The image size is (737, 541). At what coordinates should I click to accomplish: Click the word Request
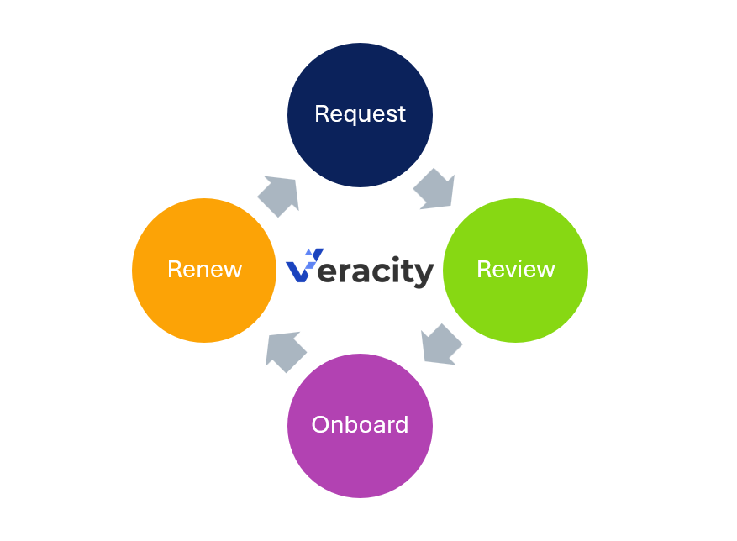[x=360, y=113]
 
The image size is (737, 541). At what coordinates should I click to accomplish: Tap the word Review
[x=515, y=269]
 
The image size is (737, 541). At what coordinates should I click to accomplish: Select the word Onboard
[x=360, y=424]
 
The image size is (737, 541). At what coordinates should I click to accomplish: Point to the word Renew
[x=204, y=269]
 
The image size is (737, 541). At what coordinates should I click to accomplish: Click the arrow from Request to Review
[x=434, y=187]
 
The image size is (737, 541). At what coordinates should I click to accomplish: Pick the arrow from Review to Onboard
[x=440, y=344]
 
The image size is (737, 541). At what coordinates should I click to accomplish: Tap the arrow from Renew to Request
[x=279, y=195]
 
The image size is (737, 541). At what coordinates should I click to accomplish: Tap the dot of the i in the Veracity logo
[x=393, y=255]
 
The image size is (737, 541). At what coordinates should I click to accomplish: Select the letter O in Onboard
[x=320, y=424]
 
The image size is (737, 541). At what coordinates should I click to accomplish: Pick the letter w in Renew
[x=232, y=270]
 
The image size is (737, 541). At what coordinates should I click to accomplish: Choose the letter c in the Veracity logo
[x=377, y=272]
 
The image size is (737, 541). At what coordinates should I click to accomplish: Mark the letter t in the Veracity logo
[x=406, y=270]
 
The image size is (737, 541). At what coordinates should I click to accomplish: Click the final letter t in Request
[x=401, y=114]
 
